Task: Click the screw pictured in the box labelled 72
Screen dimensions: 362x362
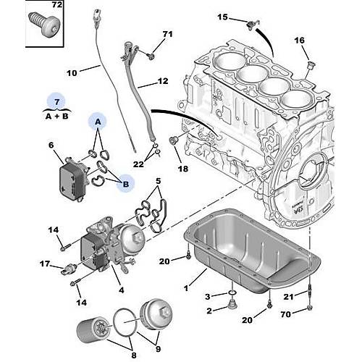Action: pos(45,25)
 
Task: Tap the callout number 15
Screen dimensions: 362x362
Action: pos(222,17)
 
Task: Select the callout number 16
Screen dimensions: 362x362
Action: pos(299,41)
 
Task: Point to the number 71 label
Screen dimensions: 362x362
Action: pos(167,34)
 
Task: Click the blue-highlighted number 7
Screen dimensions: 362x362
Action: pos(56,102)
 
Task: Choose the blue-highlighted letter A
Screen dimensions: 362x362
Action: pos(98,122)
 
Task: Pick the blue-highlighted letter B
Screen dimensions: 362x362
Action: pos(126,185)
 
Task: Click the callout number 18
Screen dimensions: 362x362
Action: pos(183,169)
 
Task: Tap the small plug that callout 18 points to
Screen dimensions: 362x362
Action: pos(173,140)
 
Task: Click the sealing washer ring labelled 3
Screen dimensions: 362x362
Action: pos(232,293)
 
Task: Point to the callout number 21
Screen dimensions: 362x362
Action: pos(288,297)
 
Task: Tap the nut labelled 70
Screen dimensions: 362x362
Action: pos(310,308)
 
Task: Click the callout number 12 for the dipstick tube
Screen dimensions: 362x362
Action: pos(163,81)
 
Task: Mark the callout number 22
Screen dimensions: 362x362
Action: pos(138,164)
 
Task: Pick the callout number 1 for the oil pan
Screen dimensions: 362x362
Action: pos(186,288)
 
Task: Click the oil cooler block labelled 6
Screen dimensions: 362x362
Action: pos(72,180)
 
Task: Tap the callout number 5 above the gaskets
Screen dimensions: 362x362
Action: pos(158,181)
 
